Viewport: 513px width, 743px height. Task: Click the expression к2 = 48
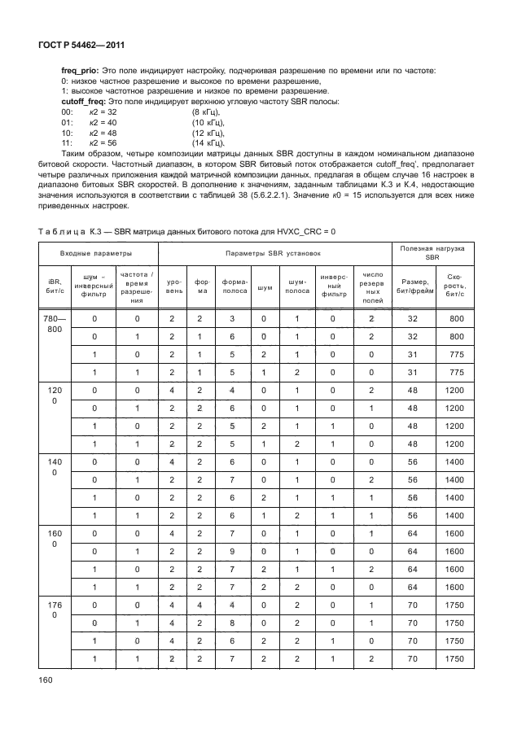(x=103, y=132)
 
